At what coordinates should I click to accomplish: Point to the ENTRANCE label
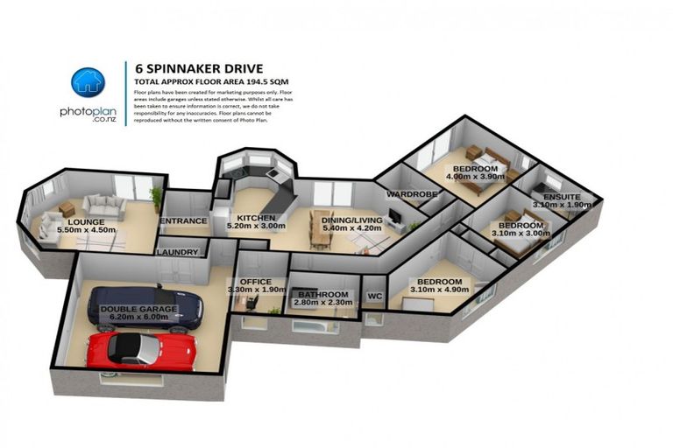coord(184,221)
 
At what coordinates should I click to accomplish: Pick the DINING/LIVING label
coord(353,220)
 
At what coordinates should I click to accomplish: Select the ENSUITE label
coord(562,197)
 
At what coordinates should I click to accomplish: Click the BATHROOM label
coord(323,295)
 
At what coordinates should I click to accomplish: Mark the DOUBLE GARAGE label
coord(138,309)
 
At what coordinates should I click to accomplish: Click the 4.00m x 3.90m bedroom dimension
coord(476,178)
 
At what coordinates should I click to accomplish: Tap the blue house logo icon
coord(88,82)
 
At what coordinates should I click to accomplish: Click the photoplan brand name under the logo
coord(87,111)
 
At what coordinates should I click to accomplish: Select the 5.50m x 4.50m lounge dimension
coord(86,230)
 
